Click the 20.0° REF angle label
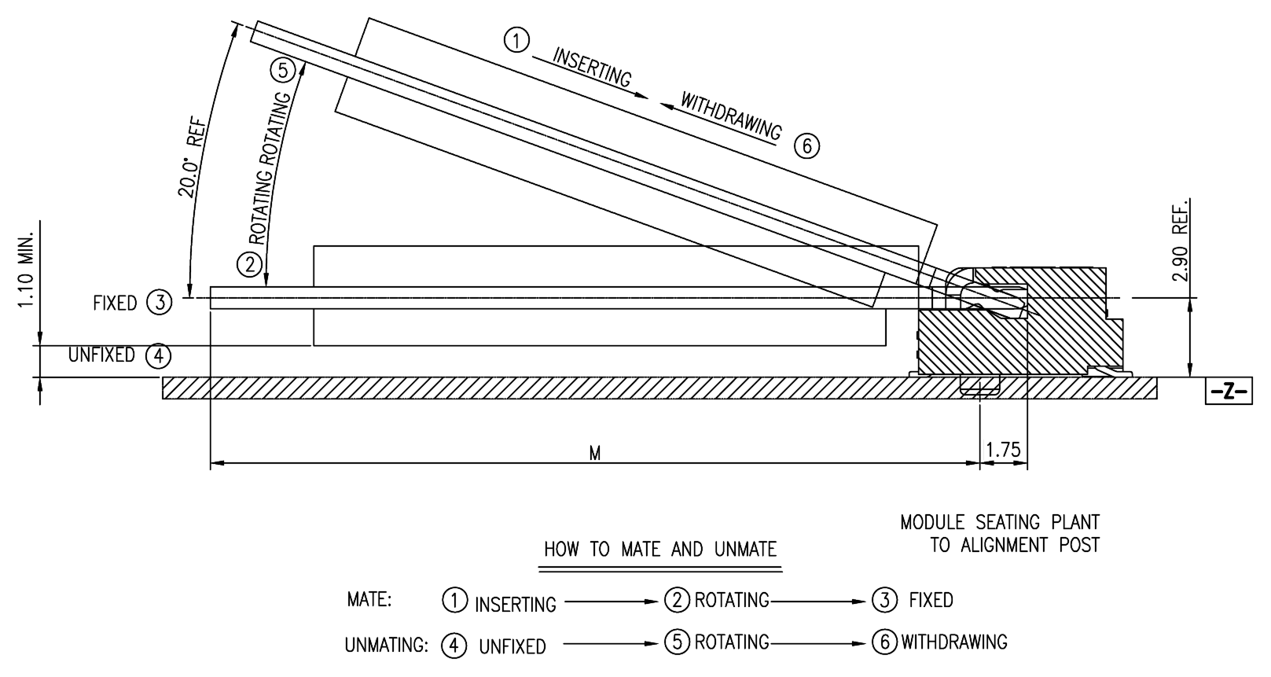tap(192, 156)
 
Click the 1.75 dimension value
tap(1003, 450)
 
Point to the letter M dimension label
tap(595, 454)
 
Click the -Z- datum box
tap(1229, 392)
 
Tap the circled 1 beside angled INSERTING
tap(516, 40)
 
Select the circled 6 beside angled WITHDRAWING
tap(806, 146)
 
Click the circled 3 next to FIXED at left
tap(160, 303)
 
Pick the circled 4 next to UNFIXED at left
tap(158, 356)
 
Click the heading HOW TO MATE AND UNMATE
tap(660, 549)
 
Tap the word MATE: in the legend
tap(369, 600)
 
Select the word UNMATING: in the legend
tap(386, 646)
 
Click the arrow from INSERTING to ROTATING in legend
tap(611, 602)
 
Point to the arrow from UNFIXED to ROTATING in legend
tap(611, 644)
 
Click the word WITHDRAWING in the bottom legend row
tap(953, 642)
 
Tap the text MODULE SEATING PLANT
tap(1000, 522)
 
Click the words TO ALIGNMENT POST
tap(1015, 545)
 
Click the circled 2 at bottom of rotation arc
tap(250, 264)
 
